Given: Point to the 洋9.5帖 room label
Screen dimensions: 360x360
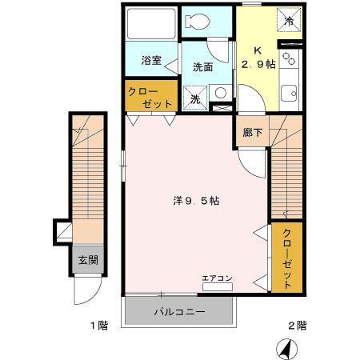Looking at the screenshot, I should click(195, 201).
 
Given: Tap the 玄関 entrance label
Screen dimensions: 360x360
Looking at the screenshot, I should click(88, 259).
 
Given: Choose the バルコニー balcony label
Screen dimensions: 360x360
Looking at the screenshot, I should click(180, 311).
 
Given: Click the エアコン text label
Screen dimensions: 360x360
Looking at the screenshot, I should click(217, 278).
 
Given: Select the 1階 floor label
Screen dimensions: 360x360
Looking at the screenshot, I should click(98, 326).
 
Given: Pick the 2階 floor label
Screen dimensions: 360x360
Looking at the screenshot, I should click(297, 326).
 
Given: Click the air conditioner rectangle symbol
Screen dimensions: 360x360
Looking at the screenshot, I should click(217, 286).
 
